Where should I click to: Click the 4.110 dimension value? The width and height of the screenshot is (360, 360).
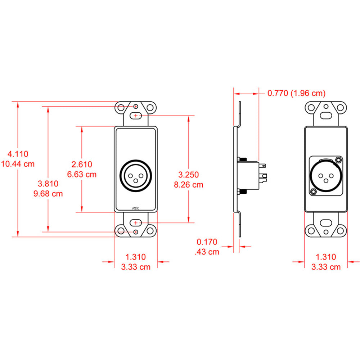(x=18, y=154)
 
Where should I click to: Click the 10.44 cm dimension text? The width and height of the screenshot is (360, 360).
(x=18, y=164)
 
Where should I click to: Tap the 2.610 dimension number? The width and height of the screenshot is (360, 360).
(x=82, y=165)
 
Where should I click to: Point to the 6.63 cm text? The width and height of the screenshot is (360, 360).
(x=82, y=175)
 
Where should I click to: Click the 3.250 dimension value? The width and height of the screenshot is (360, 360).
(x=188, y=175)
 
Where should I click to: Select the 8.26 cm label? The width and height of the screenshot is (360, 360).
(x=188, y=185)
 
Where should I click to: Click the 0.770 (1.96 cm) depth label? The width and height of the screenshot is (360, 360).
(x=296, y=94)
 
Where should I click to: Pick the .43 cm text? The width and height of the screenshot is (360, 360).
(x=207, y=252)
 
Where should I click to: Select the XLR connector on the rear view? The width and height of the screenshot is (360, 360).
(x=325, y=176)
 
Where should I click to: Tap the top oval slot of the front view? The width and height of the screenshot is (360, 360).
(x=136, y=116)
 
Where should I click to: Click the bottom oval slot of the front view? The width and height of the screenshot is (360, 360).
(x=136, y=223)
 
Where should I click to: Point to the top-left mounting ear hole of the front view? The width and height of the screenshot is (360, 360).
(x=121, y=107)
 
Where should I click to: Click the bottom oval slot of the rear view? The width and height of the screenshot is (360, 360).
(x=326, y=223)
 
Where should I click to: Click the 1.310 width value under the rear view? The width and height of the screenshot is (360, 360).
(x=325, y=257)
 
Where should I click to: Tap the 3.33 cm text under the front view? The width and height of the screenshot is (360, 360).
(x=135, y=267)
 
